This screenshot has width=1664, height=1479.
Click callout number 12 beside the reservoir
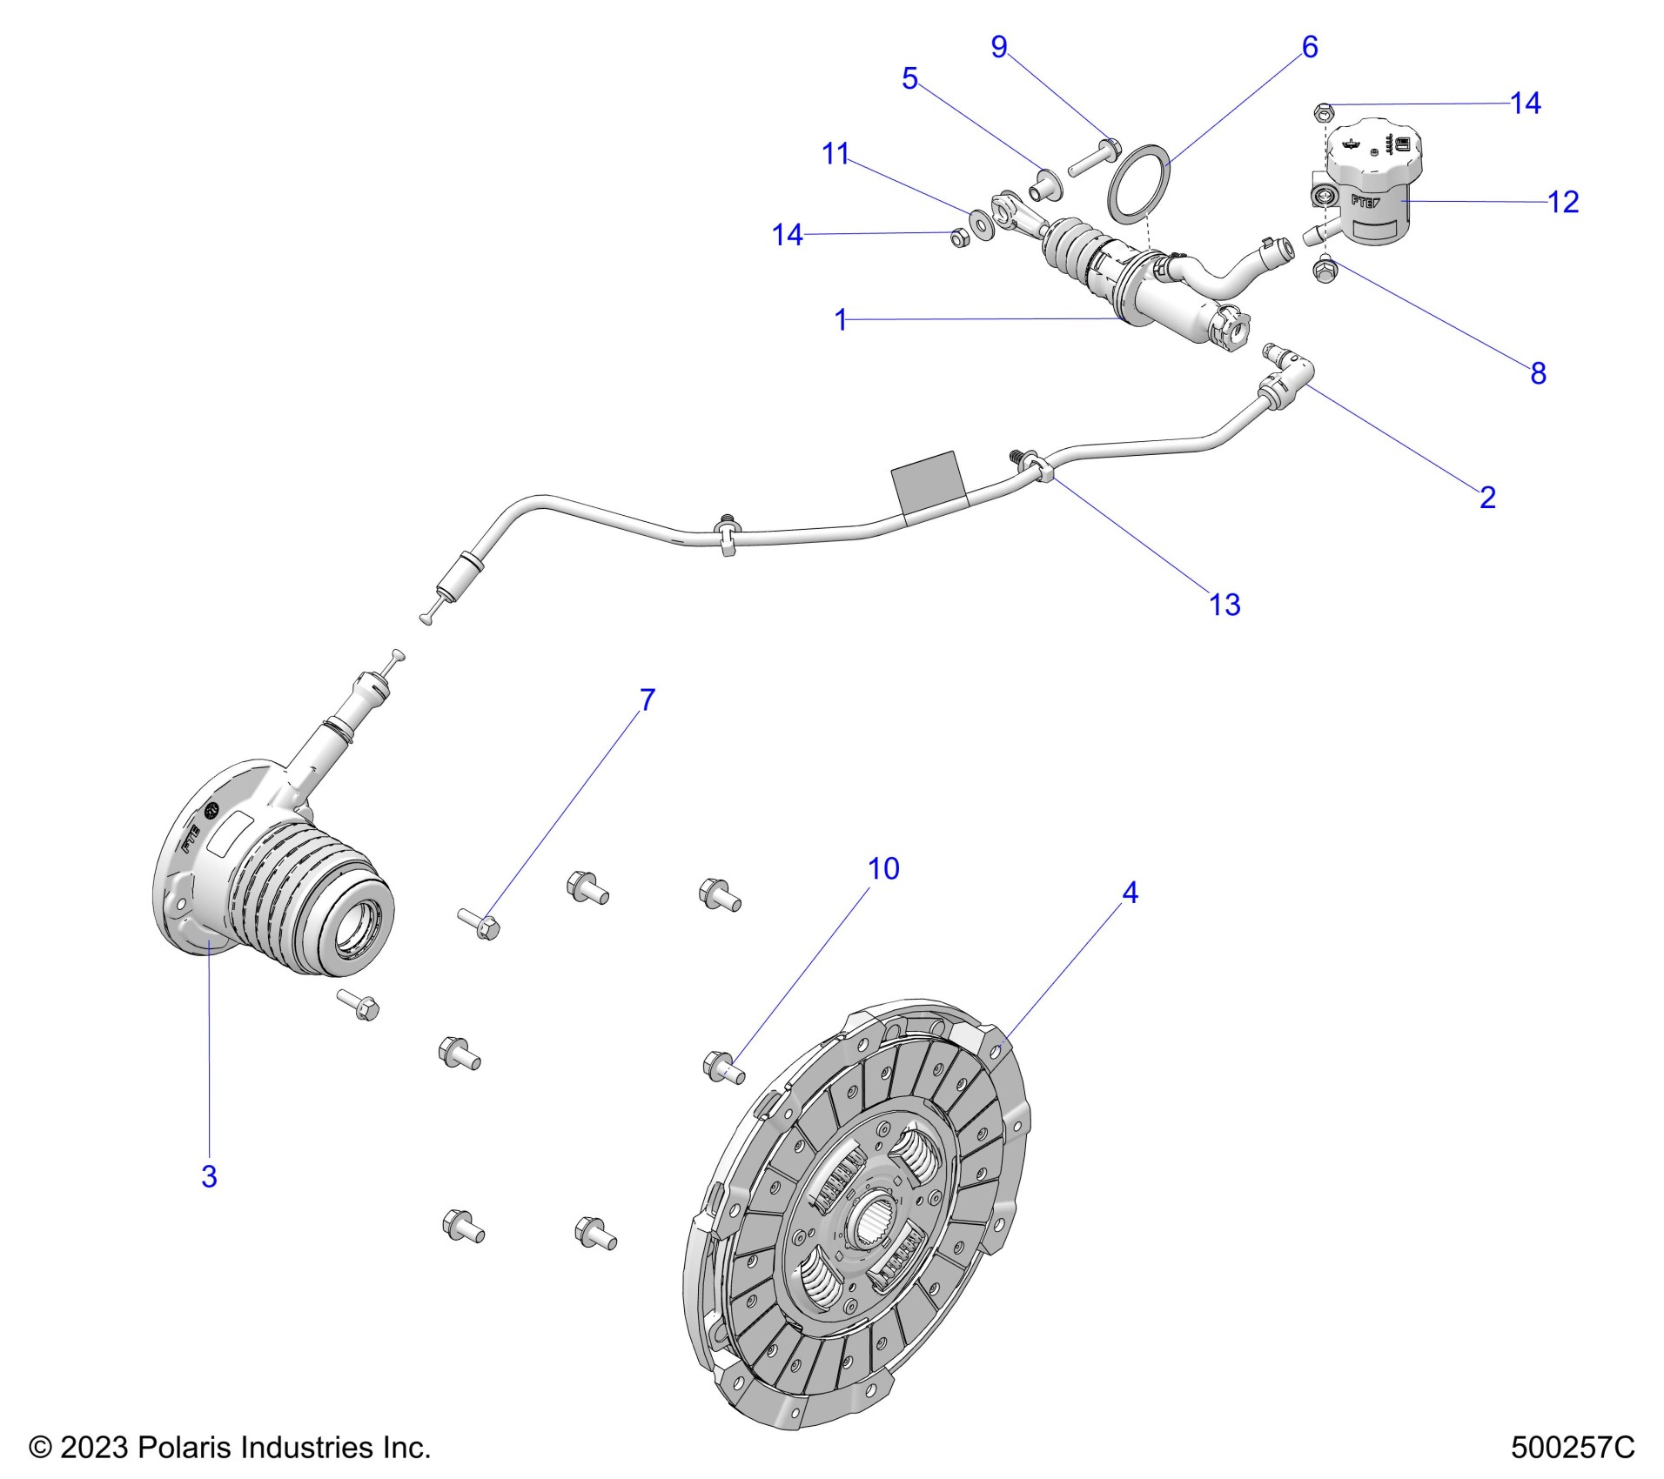pyautogui.click(x=1562, y=202)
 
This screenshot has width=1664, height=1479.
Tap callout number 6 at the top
pyautogui.click(x=1309, y=46)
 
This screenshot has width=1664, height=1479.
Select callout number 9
pyautogui.click(x=999, y=46)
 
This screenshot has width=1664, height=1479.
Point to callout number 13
pyautogui.click(x=1225, y=605)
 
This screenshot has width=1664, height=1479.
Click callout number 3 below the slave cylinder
pyautogui.click(x=209, y=1176)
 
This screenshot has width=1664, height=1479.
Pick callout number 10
pyautogui.click(x=883, y=868)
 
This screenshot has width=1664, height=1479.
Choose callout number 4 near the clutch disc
pyautogui.click(x=1130, y=893)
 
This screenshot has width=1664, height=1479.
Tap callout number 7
pyautogui.click(x=647, y=699)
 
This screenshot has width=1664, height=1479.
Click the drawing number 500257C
pyautogui.click(x=1573, y=1448)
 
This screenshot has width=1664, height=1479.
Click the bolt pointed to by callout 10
pyautogui.click(x=722, y=1067)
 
